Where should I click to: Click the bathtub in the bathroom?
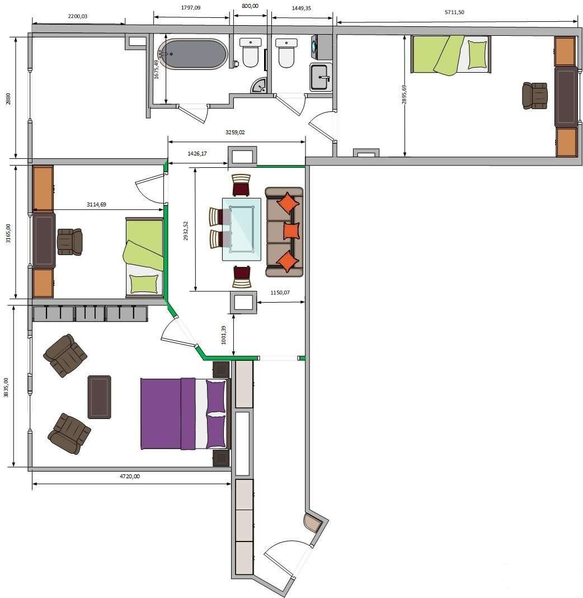tap(192, 54)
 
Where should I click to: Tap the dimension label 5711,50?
tap(454, 12)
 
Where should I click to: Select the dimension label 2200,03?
tap(77, 16)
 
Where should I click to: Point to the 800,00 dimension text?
tap(250, 6)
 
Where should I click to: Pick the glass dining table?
tap(242, 229)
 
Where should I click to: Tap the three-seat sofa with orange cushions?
tap(284, 232)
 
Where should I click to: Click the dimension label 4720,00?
tap(130, 477)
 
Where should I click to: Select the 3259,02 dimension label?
tap(235, 133)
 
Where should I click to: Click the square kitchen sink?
tap(321, 77)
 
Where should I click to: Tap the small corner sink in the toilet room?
tap(259, 86)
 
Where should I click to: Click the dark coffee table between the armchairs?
tap(99, 397)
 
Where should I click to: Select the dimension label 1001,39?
tap(224, 335)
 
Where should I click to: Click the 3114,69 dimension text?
tap(96, 204)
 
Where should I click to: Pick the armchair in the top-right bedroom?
tap(535, 96)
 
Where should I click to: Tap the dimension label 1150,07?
tap(280, 293)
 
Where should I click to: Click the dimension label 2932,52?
tap(186, 230)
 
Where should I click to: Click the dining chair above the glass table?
tap(242, 185)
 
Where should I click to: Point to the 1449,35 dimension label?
tap(302, 8)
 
